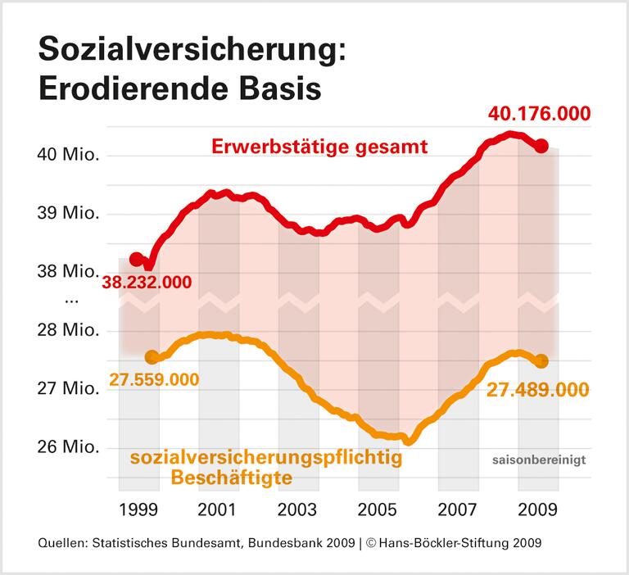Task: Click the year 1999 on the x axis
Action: pos(138,509)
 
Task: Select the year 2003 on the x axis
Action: pos(298,509)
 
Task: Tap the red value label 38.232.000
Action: pos(147,283)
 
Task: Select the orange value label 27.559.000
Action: pos(153,381)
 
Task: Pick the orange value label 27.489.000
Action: pos(539,389)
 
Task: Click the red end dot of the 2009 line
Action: pos(541,146)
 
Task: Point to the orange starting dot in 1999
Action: pos(151,357)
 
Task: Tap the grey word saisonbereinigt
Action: pos(539,460)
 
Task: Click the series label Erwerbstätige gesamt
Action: pos(320,148)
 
